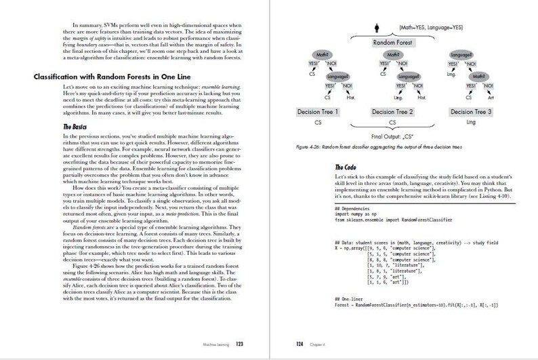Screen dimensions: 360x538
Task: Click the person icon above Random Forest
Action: coord(377,28)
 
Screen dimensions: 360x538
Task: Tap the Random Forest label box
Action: coord(392,43)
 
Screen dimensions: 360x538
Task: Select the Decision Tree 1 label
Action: coord(319,111)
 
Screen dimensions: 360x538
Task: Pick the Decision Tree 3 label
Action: coord(471,111)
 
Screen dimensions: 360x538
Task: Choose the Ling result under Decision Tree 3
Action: coord(471,123)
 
